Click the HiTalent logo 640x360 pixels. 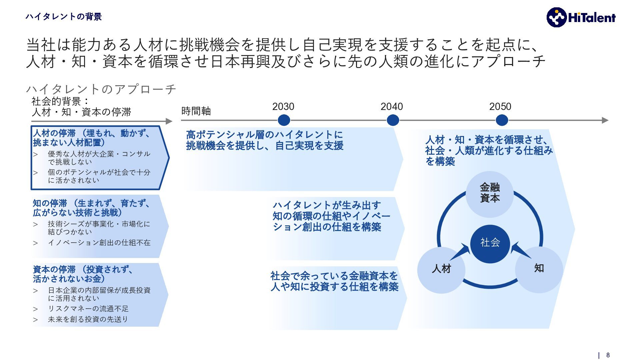(581, 17)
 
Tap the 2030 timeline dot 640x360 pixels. (284, 120)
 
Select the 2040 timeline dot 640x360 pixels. (393, 120)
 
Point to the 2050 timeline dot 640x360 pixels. (502, 120)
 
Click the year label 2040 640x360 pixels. (392, 107)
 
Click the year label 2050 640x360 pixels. (500, 107)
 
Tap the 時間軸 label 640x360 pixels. (196, 111)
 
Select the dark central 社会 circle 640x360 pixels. (490, 243)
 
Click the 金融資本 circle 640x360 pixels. (490, 193)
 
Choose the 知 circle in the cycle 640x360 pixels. (539, 269)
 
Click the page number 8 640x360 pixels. (608, 355)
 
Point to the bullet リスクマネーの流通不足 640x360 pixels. (88, 309)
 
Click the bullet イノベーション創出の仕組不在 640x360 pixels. (99, 243)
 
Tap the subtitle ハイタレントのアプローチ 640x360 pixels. (101, 89)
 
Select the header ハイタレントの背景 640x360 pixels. (63, 17)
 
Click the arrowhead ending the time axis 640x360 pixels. (605, 120)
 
